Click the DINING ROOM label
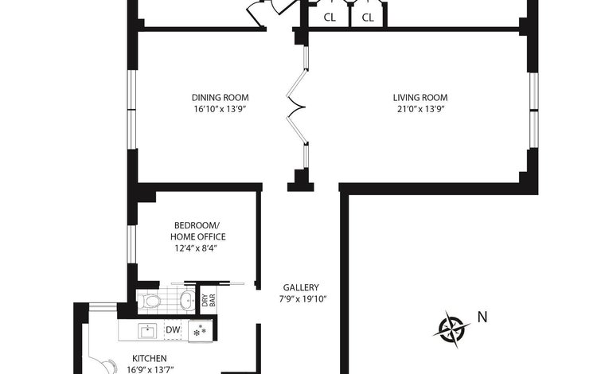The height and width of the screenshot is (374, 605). pyautogui.click(x=220, y=98)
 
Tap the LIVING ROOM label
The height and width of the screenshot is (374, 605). pyautogui.click(x=420, y=98)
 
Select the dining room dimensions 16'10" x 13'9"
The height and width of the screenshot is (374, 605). pyautogui.click(x=220, y=109)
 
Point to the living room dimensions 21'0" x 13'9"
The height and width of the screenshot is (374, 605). pyautogui.click(x=420, y=109)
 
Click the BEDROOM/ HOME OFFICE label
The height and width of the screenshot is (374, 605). pyautogui.click(x=198, y=231)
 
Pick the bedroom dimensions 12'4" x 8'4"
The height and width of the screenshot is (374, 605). pyautogui.click(x=196, y=249)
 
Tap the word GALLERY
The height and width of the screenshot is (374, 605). pyautogui.click(x=301, y=287)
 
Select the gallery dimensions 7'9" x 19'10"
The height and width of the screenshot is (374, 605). pyautogui.click(x=302, y=299)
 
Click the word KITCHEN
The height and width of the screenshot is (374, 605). pyautogui.click(x=150, y=359)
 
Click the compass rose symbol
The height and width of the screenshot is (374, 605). pyautogui.click(x=451, y=329)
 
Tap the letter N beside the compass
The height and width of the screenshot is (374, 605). pyautogui.click(x=482, y=317)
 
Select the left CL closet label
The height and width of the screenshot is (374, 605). pyautogui.click(x=330, y=18)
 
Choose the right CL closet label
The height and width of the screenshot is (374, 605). pyautogui.click(x=368, y=18)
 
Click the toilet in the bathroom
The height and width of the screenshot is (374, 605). pyautogui.click(x=149, y=301)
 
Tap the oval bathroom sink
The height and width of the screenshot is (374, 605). pyautogui.click(x=188, y=300)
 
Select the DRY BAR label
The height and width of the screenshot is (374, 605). pyautogui.click(x=209, y=300)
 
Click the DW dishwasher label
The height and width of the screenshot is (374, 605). pyautogui.click(x=174, y=330)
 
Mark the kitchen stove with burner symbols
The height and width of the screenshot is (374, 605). pyautogui.click(x=200, y=330)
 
